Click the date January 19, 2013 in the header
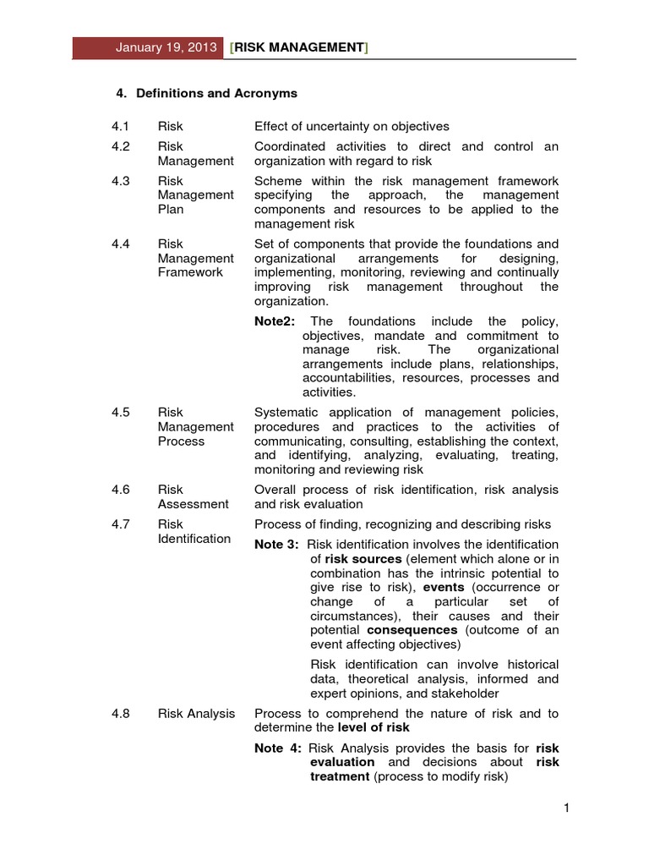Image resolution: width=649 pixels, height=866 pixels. point(166,48)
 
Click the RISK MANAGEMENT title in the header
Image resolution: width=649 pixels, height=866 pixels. point(298,48)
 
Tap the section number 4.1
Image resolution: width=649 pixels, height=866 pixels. point(120,127)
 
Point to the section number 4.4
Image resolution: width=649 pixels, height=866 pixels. point(120,244)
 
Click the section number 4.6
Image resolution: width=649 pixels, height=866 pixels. point(120,490)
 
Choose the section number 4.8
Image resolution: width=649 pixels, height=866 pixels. point(120,714)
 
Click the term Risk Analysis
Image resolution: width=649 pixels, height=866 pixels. point(196,714)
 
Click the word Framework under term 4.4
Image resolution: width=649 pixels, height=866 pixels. point(190,272)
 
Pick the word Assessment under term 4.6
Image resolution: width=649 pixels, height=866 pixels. point(193,504)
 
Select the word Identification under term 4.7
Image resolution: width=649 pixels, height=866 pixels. point(194,539)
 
